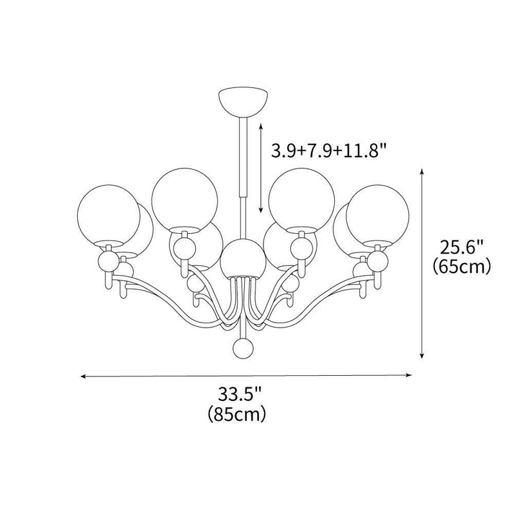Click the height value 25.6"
click(x=461, y=246)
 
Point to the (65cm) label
click(x=461, y=265)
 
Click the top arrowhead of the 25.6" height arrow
click(x=421, y=172)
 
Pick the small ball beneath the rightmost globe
click(x=377, y=260)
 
